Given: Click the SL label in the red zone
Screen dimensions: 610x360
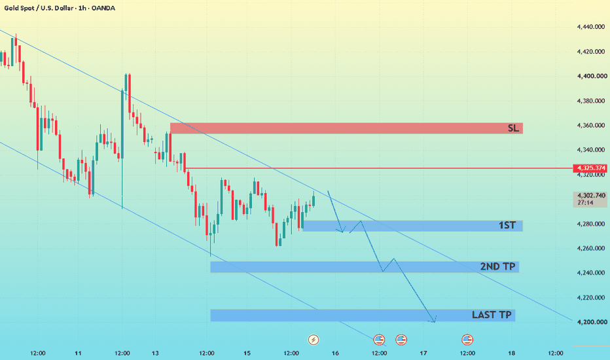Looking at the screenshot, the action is (513, 128).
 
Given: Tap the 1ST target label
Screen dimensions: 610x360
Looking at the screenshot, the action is (507, 225).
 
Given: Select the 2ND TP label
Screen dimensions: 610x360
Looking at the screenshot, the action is (497, 266).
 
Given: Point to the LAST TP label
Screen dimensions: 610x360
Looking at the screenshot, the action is (492, 315).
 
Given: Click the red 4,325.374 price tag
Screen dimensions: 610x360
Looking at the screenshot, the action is (590, 168).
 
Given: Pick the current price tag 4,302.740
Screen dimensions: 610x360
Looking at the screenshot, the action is (590, 195).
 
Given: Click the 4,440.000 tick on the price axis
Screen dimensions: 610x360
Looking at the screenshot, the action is (591, 27).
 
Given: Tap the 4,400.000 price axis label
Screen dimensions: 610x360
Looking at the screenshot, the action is (591, 77).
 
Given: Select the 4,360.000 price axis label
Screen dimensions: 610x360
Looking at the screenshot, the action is (591, 125).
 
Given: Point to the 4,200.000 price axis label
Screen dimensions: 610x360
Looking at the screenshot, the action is (591, 322).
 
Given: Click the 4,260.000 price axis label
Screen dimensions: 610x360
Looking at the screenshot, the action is (591, 248).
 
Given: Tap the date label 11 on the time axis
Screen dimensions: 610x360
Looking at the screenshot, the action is (78, 353).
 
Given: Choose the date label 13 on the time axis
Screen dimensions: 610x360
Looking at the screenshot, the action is (155, 353).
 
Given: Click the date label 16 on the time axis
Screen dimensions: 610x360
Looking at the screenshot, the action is (335, 353).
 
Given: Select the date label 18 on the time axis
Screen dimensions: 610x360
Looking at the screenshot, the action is (512, 353).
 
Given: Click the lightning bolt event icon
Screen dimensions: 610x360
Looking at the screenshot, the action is (313, 340).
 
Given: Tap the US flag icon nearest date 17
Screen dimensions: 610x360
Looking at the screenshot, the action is (401, 340).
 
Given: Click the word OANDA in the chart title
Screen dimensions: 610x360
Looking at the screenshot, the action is (103, 8).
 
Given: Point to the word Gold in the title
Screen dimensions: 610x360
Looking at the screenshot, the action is (11, 8).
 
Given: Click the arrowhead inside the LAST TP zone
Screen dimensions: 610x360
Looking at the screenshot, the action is (434, 320).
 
